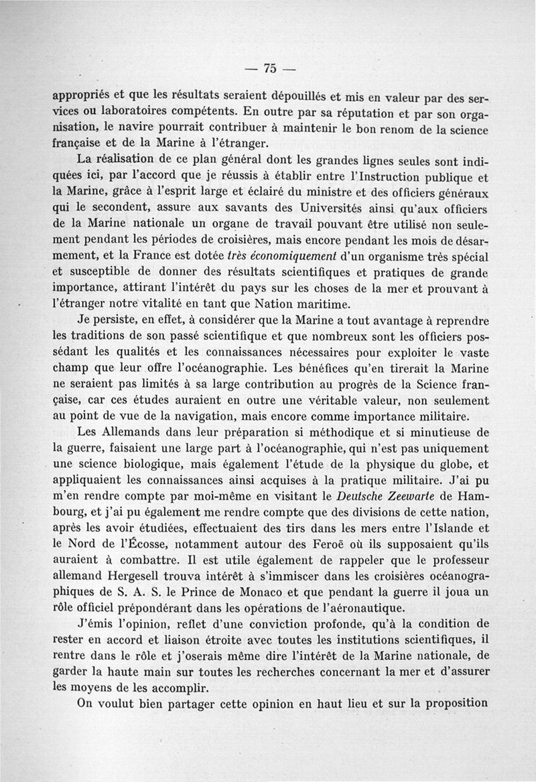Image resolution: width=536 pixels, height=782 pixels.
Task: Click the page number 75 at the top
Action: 270,68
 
